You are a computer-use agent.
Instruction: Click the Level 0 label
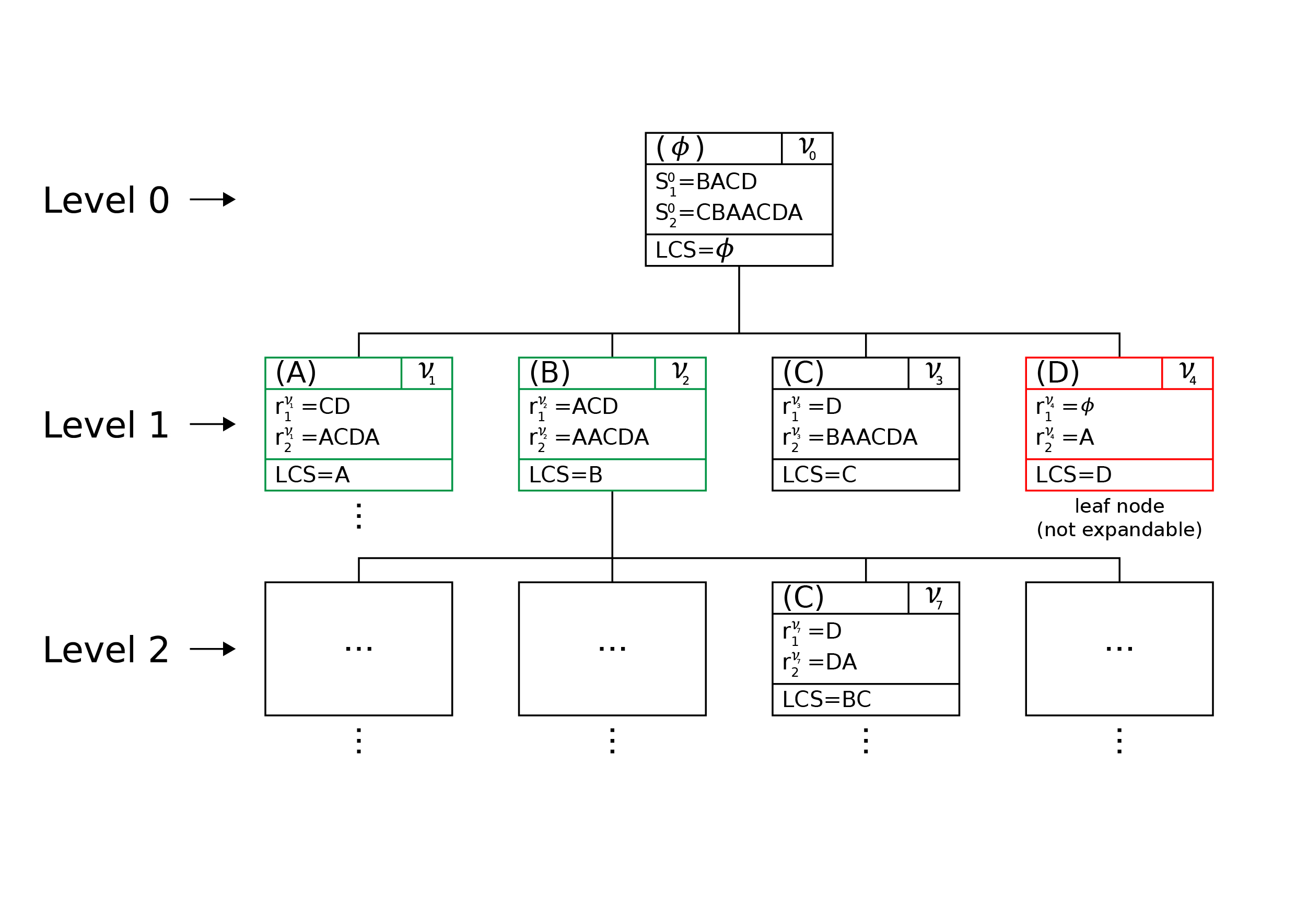[x=106, y=201]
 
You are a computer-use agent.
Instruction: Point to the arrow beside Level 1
[x=212, y=424]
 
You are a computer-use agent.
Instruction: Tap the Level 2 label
[x=106, y=650]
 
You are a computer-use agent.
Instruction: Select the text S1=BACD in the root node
[x=706, y=182]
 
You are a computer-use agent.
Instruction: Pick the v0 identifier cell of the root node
[x=807, y=148]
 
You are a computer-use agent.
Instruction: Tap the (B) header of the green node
[x=549, y=373]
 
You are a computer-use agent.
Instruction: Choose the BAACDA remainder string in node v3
[x=871, y=437]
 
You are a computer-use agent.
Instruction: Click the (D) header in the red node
[x=1057, y=373]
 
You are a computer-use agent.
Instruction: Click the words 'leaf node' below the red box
[x=1119, y=506]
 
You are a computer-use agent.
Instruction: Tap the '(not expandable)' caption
[x=1119, y=529]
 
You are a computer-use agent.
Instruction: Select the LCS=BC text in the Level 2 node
[x=826, y=699]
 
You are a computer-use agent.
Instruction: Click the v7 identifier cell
[x=933, y=598]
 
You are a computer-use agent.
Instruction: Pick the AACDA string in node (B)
[x=610, y=437]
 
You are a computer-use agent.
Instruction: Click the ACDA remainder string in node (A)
[x=349, y=437]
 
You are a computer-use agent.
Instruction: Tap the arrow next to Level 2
[x=212, y=649]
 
